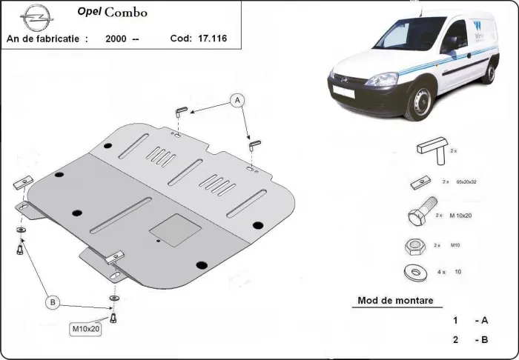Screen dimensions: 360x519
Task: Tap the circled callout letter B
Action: click(x=53, y=301)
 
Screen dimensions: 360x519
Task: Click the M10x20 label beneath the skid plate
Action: click(x=85, y=328)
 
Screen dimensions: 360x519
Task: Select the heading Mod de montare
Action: click(x=395, y=301)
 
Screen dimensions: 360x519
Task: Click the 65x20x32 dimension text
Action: click(x=466, y=181)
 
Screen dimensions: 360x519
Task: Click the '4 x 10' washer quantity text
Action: click(x=452, y=272)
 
